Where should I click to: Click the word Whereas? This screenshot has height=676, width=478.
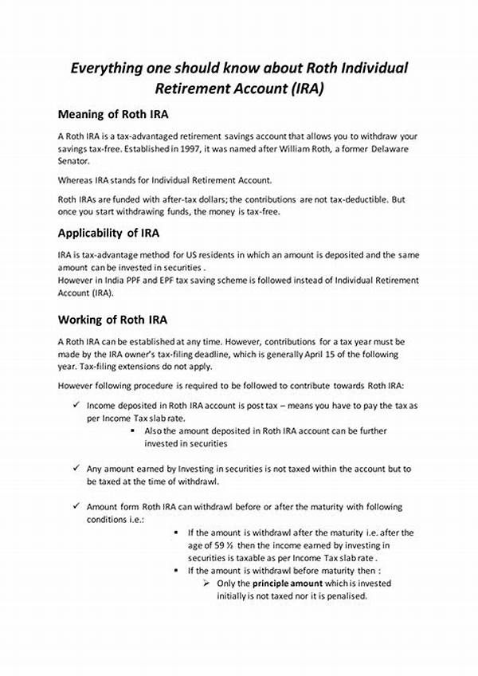tap(76, 180)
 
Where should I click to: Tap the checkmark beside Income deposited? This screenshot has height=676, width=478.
tap(74, 406)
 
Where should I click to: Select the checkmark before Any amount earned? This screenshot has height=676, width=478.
tap(74, 470)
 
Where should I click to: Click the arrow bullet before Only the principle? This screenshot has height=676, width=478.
tap(207, 583)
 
